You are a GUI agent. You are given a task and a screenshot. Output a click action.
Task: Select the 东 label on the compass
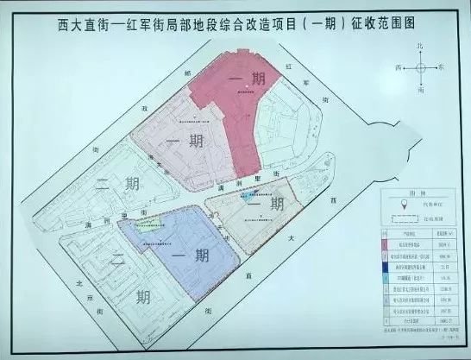point(441,66)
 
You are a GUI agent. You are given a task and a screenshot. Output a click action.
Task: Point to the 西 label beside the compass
point(399,66)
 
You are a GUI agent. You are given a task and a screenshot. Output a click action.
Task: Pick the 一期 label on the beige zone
point(266,204)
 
